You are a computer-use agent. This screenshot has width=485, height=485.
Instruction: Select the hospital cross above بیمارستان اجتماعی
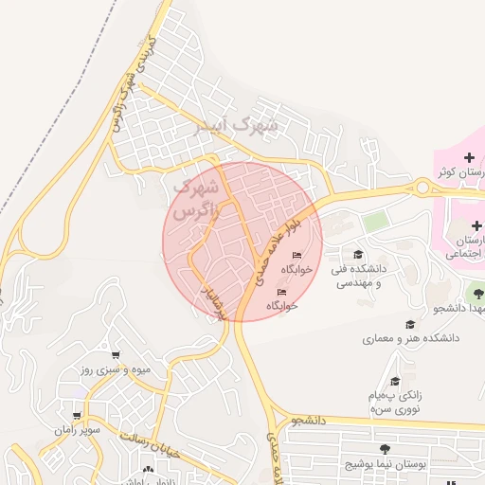(476, 226)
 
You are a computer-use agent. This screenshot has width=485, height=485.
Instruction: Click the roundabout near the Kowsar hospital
(422, 187)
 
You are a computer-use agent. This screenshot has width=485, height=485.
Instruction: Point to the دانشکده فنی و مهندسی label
(357, 276)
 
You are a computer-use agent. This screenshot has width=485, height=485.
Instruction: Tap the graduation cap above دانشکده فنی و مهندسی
(358, 254)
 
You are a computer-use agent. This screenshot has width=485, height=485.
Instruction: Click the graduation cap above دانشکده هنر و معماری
(410, 323)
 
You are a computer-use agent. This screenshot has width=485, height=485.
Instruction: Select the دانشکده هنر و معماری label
(410, 338)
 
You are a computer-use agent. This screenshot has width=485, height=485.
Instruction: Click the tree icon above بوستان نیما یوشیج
(384, 449)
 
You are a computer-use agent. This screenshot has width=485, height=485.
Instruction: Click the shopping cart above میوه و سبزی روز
(116, 354)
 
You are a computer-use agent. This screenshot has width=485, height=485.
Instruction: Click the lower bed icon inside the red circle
(279, 292)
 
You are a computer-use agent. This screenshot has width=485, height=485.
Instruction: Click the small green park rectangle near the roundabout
(376, 222)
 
